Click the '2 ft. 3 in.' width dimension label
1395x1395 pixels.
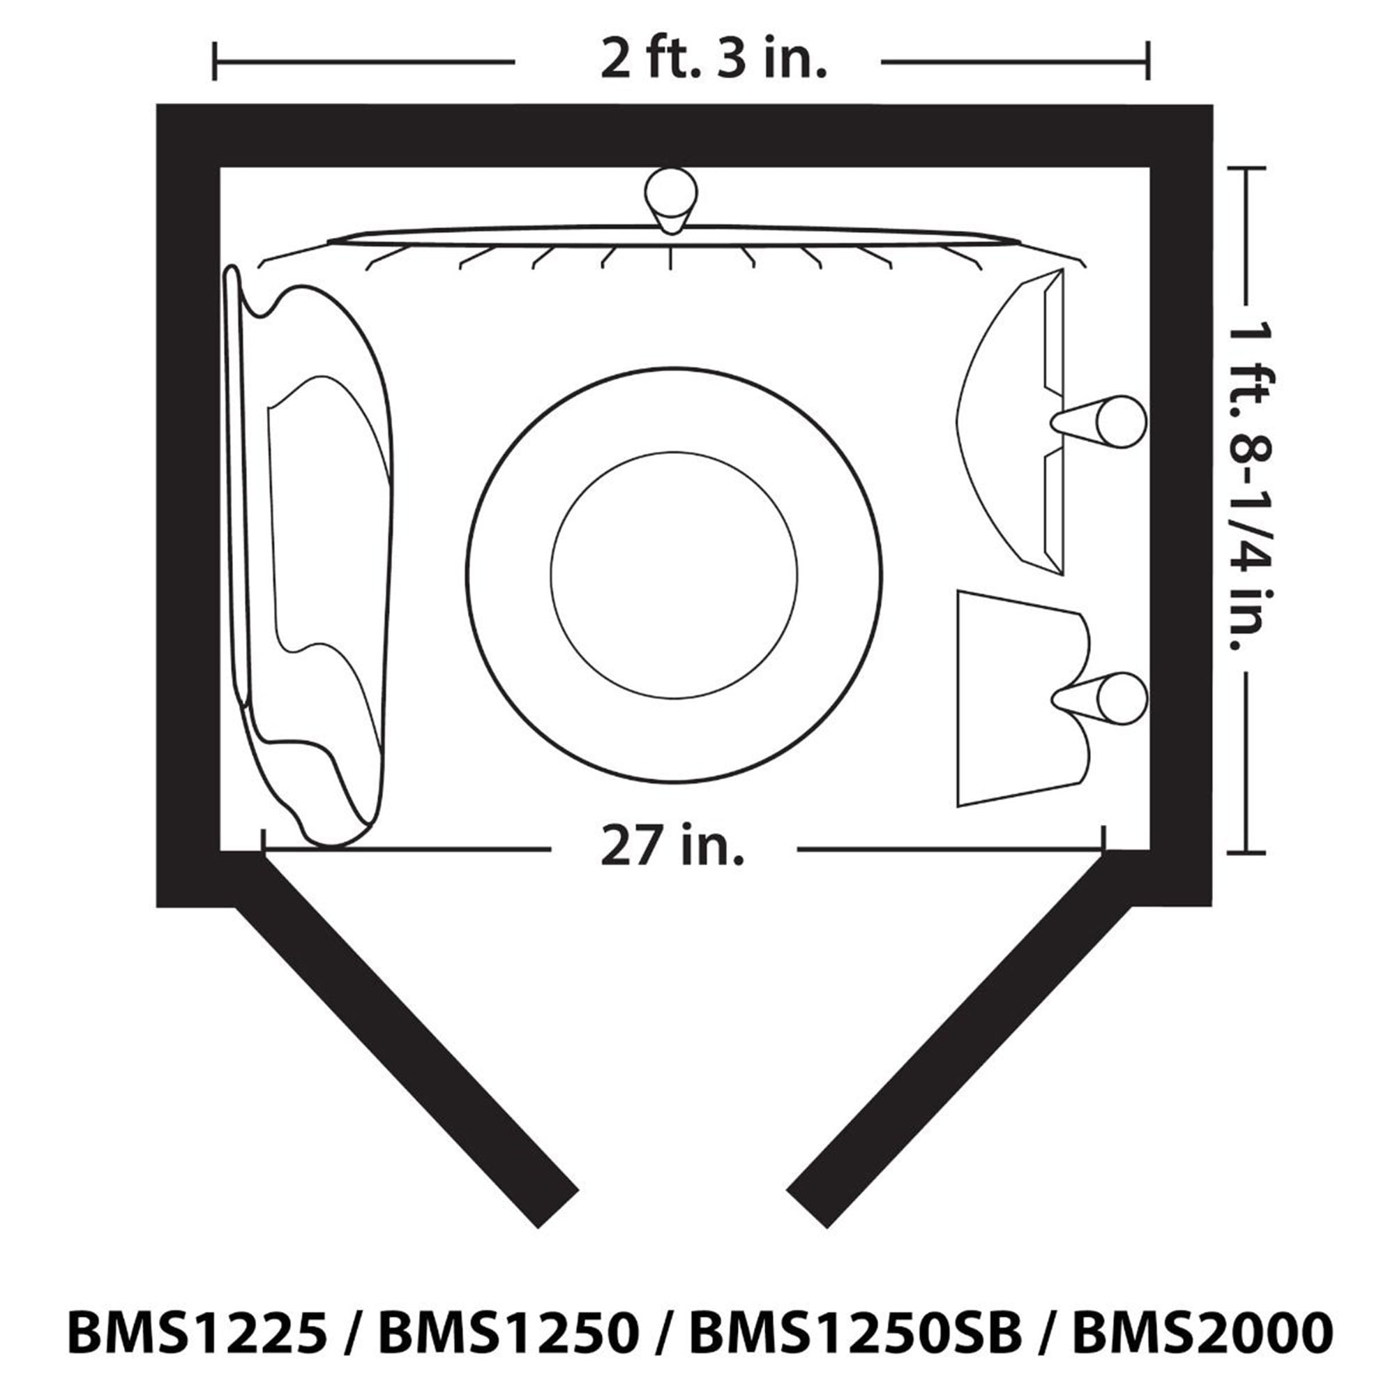tap(714, 60)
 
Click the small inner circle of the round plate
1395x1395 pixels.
tap(674, 575)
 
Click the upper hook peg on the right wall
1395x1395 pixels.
tap(1099, 421)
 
